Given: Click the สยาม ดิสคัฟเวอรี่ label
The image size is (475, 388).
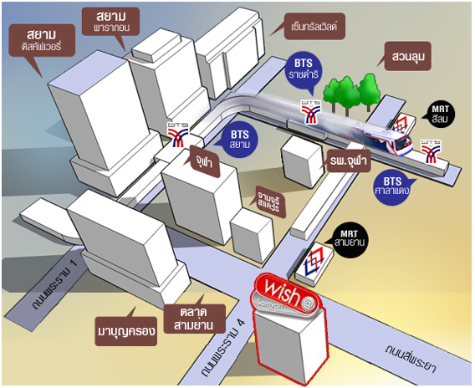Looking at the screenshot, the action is pyautogui.click(x=42, y=41).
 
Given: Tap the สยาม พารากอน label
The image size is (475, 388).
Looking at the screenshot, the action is pyautogui.click(x=111, y=22).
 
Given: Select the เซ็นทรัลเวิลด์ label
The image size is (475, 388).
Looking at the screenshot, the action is pyautogui.click(x=314, y=27).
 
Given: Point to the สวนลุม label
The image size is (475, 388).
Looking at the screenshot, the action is pyautogui.click(x=408, y=56).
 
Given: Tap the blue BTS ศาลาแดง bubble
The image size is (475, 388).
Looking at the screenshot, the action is pyautogui.click(x=392, y=186).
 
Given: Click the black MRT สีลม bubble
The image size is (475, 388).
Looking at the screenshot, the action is pyautogui.click(x=440, y=115).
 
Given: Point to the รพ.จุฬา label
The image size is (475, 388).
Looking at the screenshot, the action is pyautogui.click(x=349, y=161).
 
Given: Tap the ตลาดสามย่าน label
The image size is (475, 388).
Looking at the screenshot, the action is pyautogui.click(x=195, y=319).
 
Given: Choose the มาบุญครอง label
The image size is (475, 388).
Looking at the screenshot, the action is pyautogui.click(x=126, y=331).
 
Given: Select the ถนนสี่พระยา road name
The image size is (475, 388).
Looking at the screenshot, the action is pyautogui.click(x=411, y=360).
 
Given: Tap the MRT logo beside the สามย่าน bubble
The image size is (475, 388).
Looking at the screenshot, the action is pyautogui.click(x=314, y=262).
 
